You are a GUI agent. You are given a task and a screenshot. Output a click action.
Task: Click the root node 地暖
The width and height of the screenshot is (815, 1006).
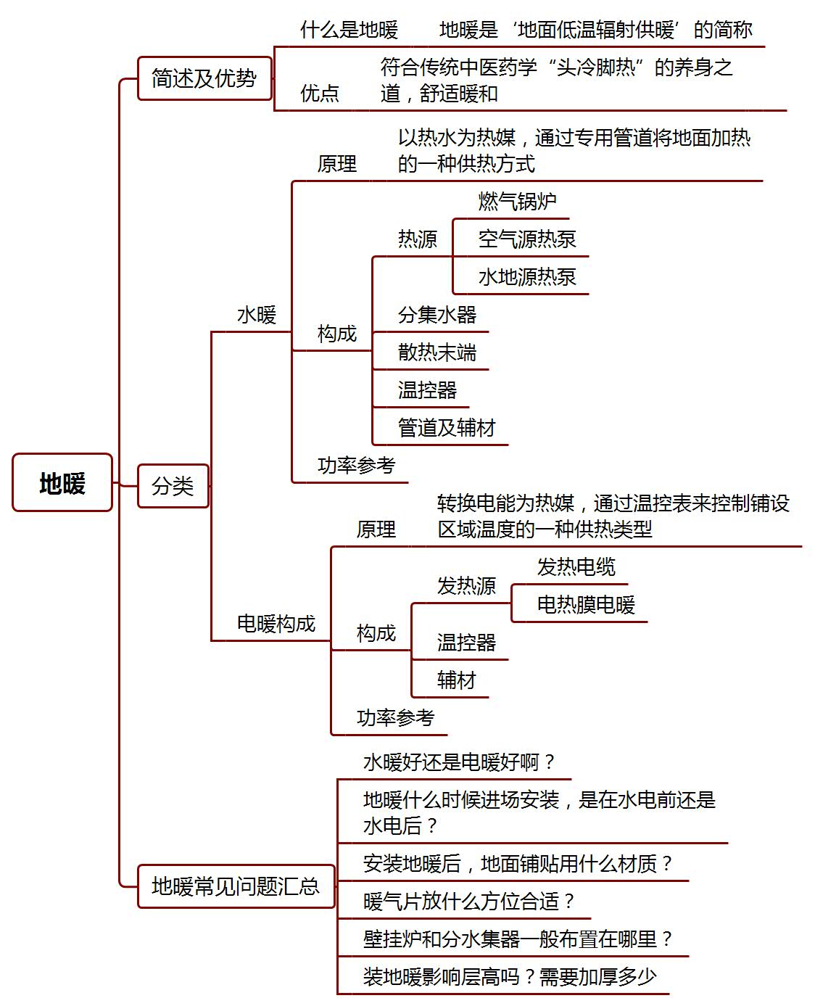62,482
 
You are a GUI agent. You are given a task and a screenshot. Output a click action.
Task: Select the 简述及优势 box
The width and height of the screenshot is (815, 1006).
204,78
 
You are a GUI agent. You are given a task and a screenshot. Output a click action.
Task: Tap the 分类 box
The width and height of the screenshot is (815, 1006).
173,485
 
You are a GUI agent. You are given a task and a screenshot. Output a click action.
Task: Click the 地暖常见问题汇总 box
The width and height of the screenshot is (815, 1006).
236,886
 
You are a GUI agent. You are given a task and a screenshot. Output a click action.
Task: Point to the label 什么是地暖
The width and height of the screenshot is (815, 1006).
349,30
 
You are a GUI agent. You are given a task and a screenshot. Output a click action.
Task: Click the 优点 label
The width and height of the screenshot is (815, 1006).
320,93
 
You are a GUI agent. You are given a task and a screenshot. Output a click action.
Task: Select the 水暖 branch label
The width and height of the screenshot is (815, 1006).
257,315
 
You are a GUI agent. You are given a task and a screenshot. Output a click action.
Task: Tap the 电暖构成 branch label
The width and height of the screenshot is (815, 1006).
276,624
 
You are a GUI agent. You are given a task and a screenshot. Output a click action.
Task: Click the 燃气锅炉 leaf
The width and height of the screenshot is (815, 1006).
518,201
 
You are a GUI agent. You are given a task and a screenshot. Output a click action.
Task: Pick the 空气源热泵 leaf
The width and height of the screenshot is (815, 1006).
527,239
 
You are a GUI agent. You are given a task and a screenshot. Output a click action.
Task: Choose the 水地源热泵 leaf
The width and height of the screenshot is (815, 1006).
527,277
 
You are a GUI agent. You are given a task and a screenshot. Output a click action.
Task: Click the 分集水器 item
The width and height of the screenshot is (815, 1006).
437,315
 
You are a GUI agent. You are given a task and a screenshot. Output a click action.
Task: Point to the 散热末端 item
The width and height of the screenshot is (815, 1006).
437,352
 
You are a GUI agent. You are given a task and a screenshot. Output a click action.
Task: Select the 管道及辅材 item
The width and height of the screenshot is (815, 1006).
447,428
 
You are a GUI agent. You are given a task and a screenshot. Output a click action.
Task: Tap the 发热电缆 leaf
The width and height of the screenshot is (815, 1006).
576,566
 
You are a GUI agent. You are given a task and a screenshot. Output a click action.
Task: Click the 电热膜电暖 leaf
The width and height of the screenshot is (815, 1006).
586,605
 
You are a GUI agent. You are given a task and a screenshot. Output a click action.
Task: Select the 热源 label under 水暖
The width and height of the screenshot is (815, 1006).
418,239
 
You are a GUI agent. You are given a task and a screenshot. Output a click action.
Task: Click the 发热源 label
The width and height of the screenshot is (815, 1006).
466,585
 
